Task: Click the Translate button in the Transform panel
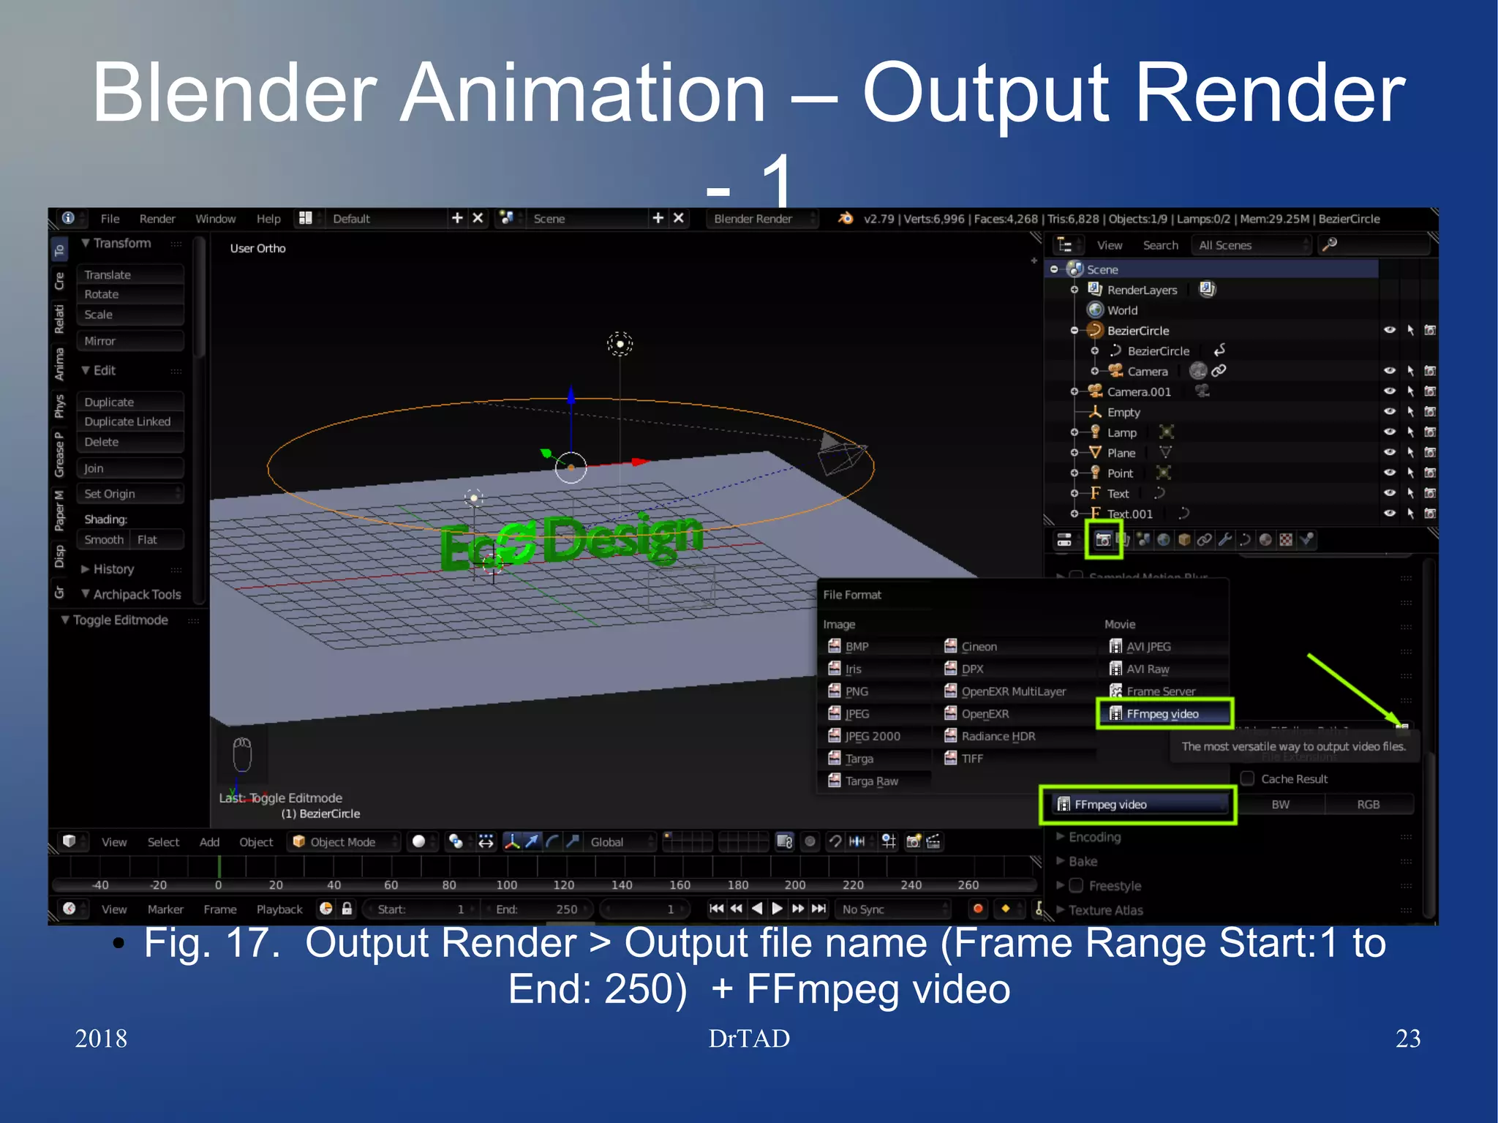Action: pyautogui.click(x=129, y=274)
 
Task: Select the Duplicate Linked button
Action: pyautogui.click(x=129, y=421)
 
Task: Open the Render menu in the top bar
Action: pyautogui.click(x=157, y=219)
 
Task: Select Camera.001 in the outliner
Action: pyautogui.click(x=1138, y=391)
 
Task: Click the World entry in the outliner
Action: pyautogui.click(x=1121, y=310)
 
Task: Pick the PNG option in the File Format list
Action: pyautogui.click(x=856, y=691)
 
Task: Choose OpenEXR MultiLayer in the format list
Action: pyautogui.click(x=1012, y=691)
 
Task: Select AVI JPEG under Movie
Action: pyautogui.click(x=1148, y=647)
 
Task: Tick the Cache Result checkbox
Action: pyautogui.click(x=1248, y=778)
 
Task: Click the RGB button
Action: pyautogui.click(x=1368, y=805)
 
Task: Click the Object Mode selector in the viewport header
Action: pyautogui.click(x=343, y=842)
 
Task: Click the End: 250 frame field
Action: pyautogui.click(x=538, y=909)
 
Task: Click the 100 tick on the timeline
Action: pyautogui.click(x=506, y=885)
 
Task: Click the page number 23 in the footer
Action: pyautogui.click(x=1407, y=1039)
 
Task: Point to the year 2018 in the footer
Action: pyautogui.click(x=101, y=1039)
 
